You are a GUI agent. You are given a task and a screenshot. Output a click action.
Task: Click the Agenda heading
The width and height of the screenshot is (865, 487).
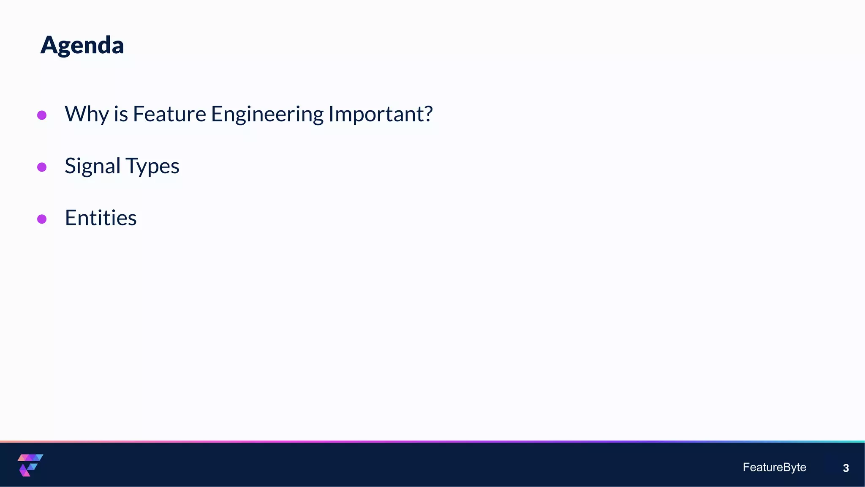(x=82, y=45)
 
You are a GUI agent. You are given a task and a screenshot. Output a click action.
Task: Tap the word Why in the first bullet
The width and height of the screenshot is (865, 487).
(x=87, y=114)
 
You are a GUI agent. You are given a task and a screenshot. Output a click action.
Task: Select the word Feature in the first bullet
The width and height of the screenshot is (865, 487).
(x=169, y=114)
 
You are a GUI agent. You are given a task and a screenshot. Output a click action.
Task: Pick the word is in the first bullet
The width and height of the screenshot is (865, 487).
(x=121, y=114)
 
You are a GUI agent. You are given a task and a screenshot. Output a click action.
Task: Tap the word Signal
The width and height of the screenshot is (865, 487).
(x=92, y=166)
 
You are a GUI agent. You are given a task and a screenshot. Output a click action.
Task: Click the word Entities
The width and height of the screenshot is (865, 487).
(x=101, y=218)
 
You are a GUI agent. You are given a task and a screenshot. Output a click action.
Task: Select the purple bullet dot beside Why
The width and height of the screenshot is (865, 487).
(x=42, y=115)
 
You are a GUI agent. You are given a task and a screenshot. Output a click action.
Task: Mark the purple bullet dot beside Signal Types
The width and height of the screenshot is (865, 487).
(x=42, y=167)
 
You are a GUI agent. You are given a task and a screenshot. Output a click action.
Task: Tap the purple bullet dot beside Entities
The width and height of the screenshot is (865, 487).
(x=42, y=219)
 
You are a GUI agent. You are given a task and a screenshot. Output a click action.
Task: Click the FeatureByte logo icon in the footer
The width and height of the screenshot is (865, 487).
(x=30, y=465)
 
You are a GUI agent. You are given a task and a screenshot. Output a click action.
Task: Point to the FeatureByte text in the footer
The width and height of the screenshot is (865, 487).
(x=774, y=467)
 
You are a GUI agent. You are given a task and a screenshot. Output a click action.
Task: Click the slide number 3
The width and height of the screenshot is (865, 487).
(x=846, y=468)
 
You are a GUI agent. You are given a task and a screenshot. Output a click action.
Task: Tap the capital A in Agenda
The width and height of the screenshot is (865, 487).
(x=49, y=45)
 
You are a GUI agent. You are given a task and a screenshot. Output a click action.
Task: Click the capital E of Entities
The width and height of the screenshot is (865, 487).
(x=70, y=218)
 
